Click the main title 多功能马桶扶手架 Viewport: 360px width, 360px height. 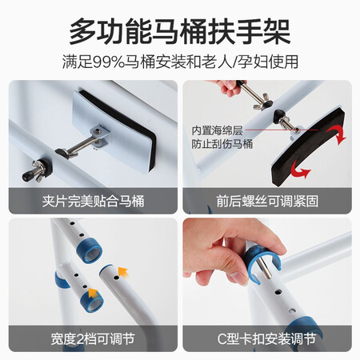180,32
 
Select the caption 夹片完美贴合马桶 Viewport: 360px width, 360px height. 93,201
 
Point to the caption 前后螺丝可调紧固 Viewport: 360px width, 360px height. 267,201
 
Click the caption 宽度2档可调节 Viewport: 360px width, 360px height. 93,339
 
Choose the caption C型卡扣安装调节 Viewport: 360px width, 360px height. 266,339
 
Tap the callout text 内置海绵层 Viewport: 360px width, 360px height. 217,130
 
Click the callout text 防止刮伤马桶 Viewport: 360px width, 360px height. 222,144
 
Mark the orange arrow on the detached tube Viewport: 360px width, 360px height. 123,272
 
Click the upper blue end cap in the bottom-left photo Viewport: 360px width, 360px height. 90,250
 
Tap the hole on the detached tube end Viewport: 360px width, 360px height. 116,278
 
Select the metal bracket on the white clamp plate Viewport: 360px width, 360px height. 100,136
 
